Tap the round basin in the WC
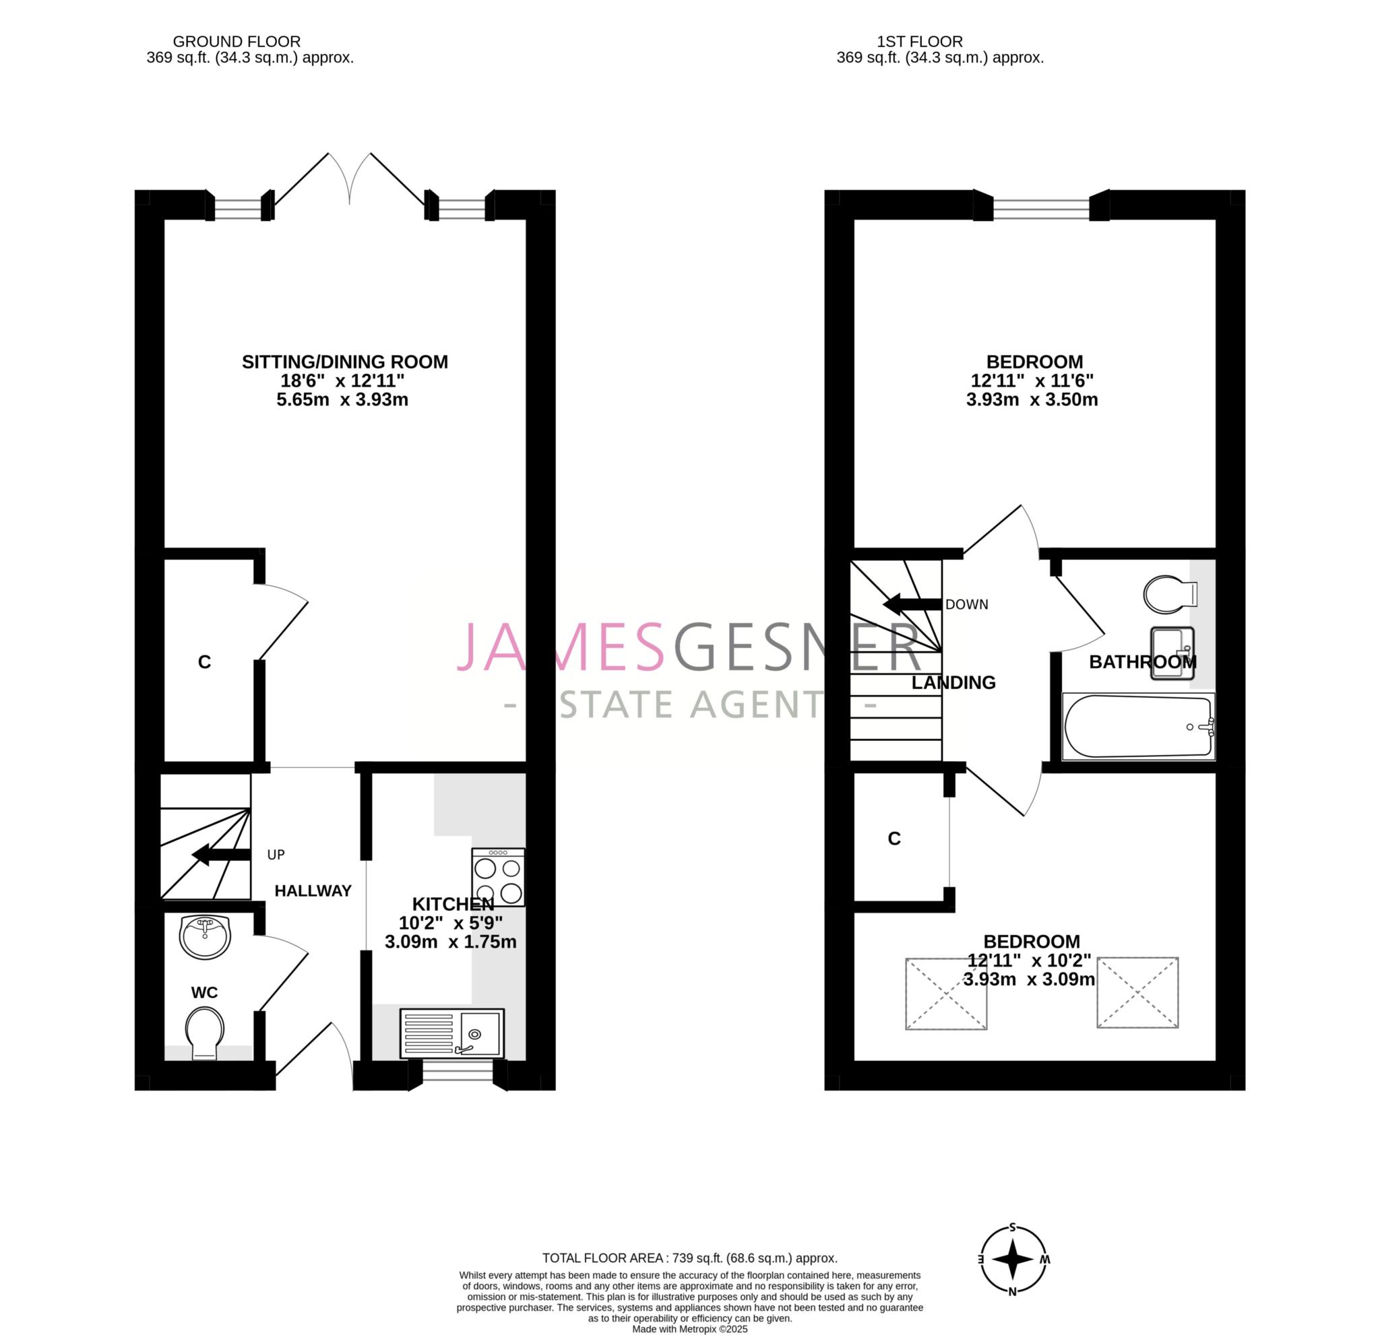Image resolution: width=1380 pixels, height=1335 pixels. [205, 937]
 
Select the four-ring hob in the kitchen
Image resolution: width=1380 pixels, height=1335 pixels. [498, 877]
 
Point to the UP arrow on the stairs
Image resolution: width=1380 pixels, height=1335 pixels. [221, 855]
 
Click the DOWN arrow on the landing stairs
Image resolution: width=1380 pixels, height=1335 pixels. [912, 604]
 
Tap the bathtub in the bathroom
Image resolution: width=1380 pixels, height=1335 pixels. [1137, 726]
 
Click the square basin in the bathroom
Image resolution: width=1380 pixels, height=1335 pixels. [1172, 653]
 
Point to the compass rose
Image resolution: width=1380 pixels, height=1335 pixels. [1013, 1259]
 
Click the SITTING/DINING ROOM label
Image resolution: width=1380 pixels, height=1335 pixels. [344, 362]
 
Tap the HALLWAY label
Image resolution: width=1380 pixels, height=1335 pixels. [313, 891]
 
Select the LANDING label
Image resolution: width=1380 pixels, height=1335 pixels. [953, 682]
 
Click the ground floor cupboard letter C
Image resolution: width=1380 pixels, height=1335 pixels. [204, 661]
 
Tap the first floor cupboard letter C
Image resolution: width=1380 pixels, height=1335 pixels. [894, 838]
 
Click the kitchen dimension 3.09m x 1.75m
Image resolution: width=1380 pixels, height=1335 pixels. [451, 942]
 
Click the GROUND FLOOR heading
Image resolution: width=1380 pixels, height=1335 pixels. [237, 42]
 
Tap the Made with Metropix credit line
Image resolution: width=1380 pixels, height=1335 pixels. [689, 1329]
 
